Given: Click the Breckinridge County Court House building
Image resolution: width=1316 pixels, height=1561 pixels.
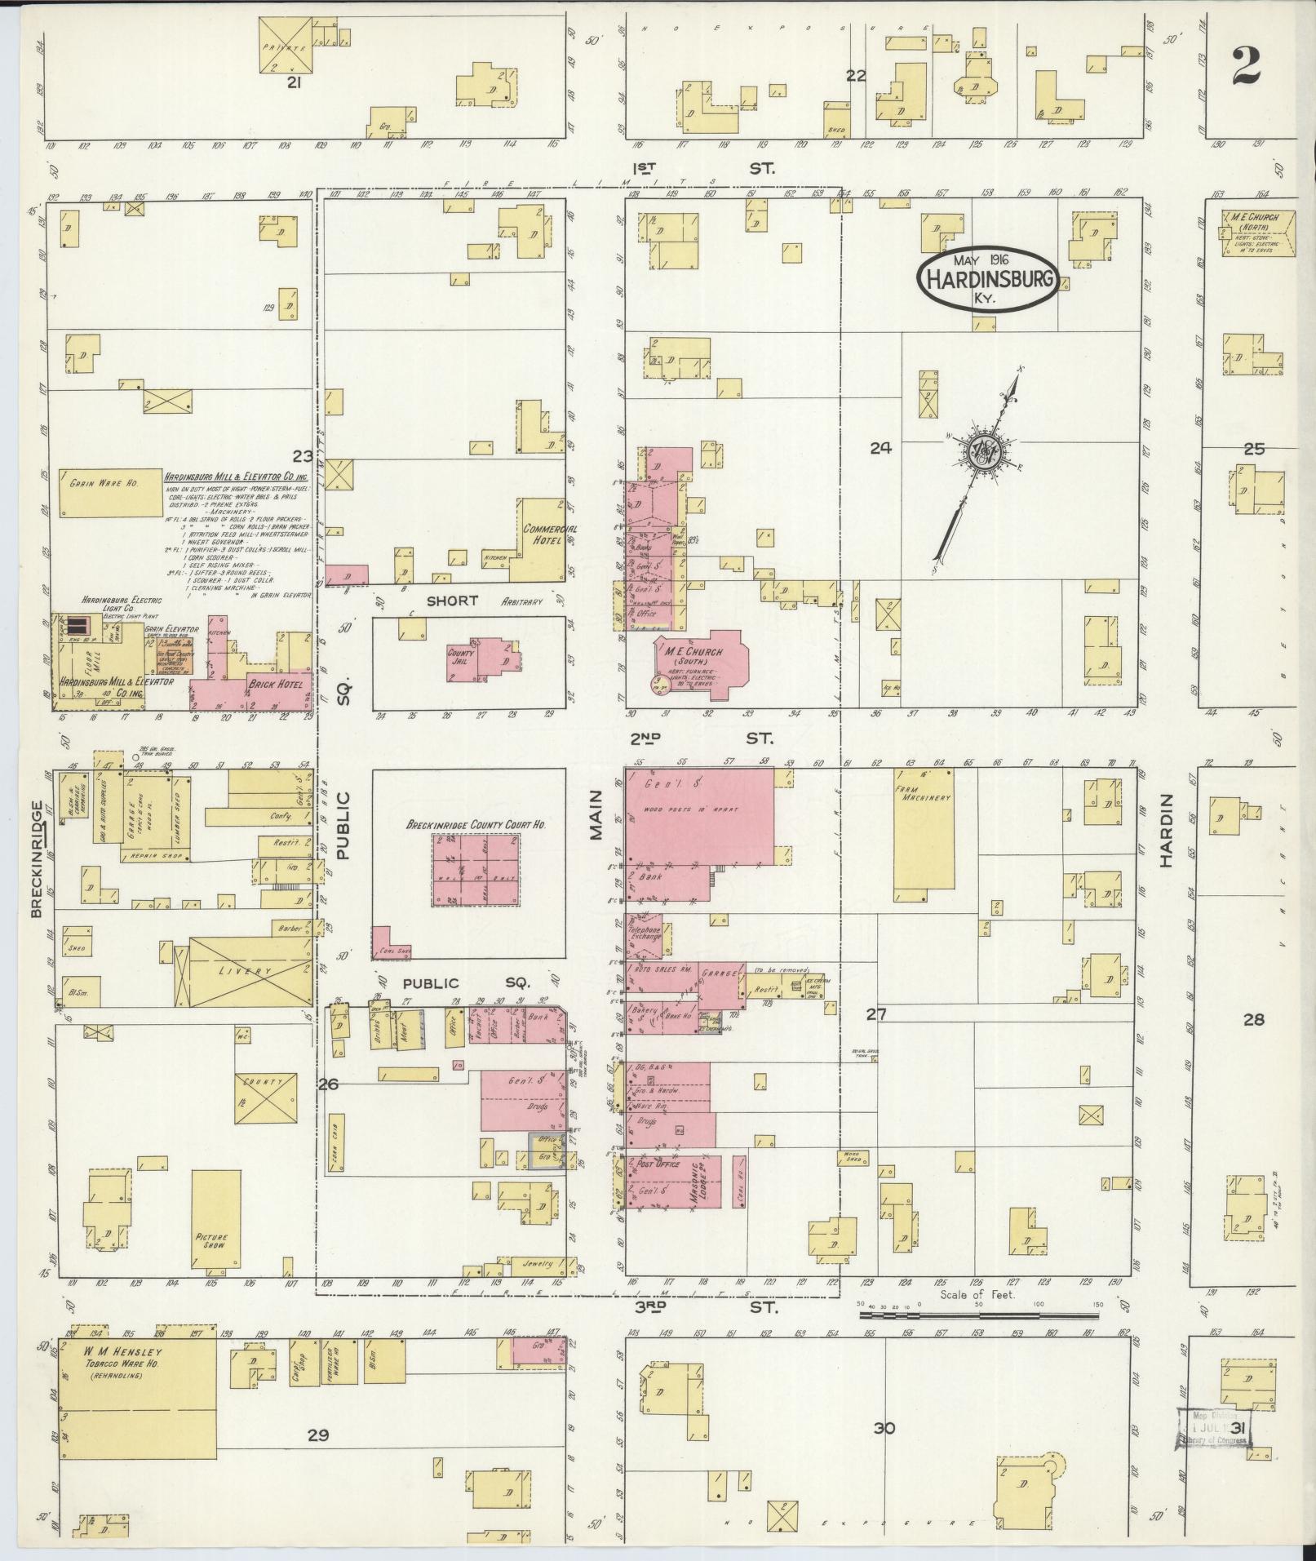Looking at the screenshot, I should (x=476, y=870).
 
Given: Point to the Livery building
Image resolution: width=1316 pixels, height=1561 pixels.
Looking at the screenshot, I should (x=250, y=971).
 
